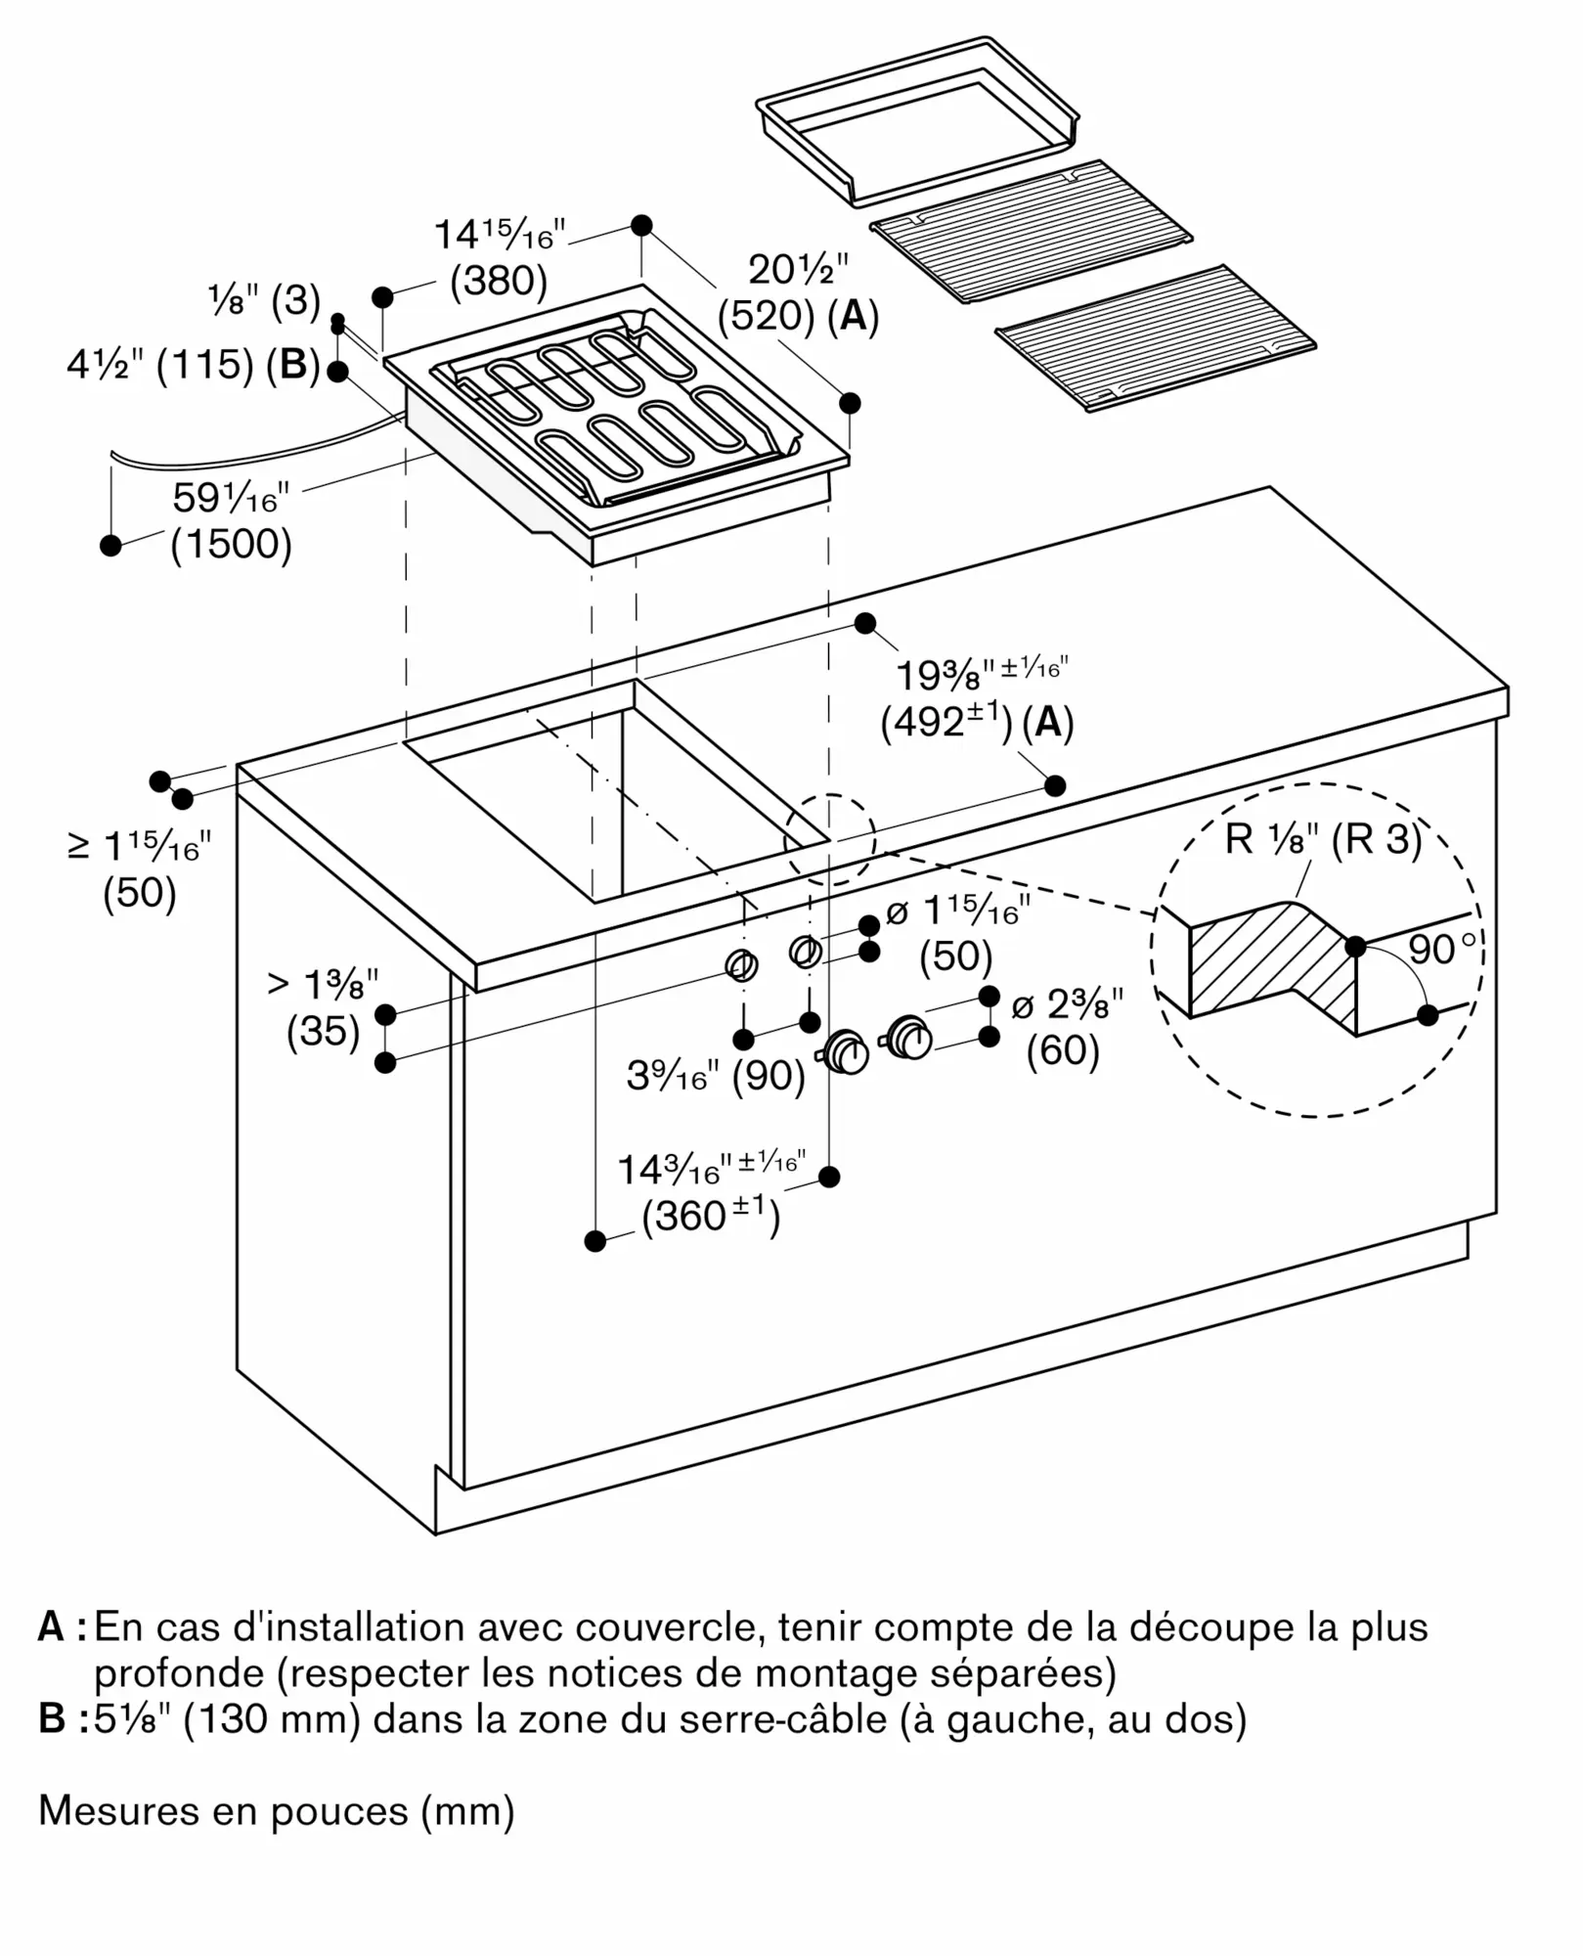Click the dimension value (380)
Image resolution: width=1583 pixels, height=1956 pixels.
(499, 282)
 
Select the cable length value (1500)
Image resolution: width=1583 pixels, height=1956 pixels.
(232, 544)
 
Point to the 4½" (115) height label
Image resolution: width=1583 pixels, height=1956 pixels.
(194, 365)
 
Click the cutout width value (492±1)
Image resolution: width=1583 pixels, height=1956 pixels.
(946, 722)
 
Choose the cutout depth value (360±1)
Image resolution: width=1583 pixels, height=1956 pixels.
(711, 1216)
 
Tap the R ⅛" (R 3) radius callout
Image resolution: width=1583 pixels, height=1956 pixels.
(1323, 839)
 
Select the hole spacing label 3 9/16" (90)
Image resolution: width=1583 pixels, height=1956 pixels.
(716, 1076)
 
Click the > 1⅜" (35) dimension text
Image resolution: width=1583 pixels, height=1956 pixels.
(323, 1007)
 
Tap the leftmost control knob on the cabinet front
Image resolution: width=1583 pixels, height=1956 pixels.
(846, 1053)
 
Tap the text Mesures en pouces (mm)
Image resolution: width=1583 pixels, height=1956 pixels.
(277, 1811)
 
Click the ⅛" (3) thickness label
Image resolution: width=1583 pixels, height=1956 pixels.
(264, 300)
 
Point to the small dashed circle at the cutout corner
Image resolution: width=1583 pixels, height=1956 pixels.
(831, 839)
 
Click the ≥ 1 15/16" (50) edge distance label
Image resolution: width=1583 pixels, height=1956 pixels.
(140, 870)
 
